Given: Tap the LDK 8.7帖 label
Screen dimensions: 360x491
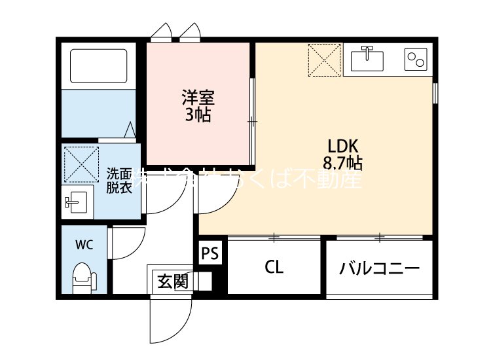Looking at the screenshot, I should (x=342, y=154).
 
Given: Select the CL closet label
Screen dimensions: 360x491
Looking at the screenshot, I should (x=274, y=267).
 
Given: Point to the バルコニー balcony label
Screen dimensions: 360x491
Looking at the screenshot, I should (x=379, y=268).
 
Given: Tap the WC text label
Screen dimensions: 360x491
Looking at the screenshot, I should (x=84, y=245).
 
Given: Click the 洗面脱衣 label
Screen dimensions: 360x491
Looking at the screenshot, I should (x=120, y=180).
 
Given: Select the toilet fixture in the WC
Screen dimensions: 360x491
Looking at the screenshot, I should (x=82, y=278).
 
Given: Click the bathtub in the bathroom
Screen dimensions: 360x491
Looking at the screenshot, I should (x=98, y=66).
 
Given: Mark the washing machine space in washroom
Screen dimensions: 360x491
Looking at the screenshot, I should (x=81, y=164).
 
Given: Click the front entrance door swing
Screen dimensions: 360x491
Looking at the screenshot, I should (x=169, y=321).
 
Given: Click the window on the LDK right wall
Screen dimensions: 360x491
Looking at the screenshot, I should (x=435, y=92).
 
